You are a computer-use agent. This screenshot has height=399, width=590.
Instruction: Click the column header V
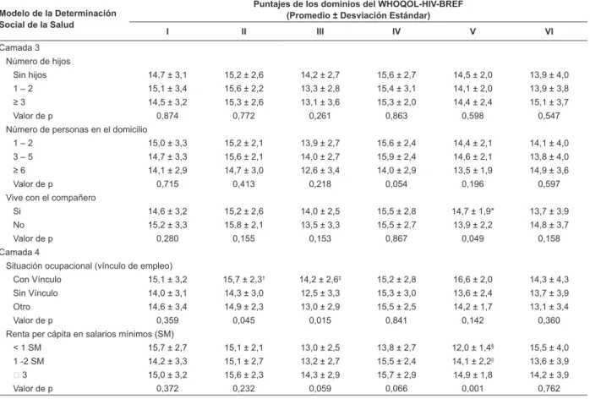tap(473, 31)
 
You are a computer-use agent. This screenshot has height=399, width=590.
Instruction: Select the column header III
tap(320, 31)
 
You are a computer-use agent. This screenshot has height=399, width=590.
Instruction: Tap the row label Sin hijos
tap(30, 75)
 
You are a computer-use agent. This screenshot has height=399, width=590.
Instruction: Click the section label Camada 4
tap(19, 252)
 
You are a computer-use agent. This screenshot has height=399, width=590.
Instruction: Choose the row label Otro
tap(21, 307)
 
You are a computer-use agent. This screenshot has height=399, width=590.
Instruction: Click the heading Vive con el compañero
tap(51, 198)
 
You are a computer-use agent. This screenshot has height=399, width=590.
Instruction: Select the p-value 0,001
tap(473, 389)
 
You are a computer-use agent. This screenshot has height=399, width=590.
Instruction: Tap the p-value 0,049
tap(473, 238)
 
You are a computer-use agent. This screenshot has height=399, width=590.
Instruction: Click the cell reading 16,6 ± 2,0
tap(473, 279)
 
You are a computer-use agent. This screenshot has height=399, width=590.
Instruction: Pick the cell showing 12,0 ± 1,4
tap(473, 347)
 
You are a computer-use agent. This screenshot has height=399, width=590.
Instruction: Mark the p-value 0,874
tap(167, 116)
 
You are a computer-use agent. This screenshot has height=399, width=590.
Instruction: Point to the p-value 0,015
tap(320, 320)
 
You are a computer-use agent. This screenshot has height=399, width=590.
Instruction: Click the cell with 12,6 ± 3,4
tap(320, 171)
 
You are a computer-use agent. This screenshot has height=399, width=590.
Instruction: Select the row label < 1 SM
tap(27, 347)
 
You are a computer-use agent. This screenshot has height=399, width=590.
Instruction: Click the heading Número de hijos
tap(38, 62)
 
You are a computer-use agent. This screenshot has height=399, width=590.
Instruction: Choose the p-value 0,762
tap(549, 389)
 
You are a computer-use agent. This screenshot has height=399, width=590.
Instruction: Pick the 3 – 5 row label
tap(23, 156)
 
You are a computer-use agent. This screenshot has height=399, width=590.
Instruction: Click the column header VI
tap(549, 31)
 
